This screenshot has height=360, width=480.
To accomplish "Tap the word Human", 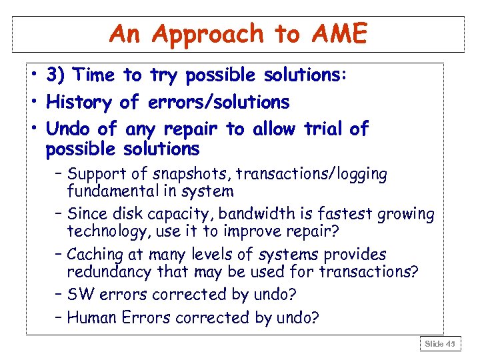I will click(91, 317).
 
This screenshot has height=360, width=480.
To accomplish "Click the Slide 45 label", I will click(441, 343).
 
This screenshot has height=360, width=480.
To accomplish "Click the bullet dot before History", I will click(33, 103).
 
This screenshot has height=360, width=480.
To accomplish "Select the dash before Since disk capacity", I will click(59, 215).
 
